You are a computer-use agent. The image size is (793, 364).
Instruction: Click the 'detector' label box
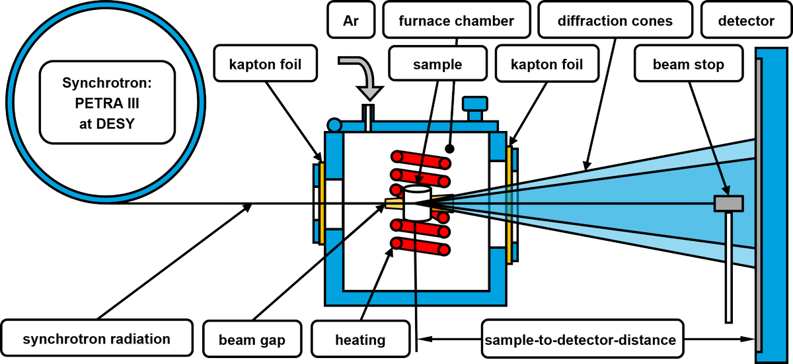(x=746, y=21)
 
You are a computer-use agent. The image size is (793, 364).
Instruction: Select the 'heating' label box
(x=359, y=340)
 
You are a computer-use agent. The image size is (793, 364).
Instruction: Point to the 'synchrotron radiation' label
(x=96, y=340)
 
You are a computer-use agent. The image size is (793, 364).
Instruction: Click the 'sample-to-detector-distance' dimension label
(x=580, y=340)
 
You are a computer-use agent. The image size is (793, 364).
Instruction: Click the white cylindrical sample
(x=416, y=203)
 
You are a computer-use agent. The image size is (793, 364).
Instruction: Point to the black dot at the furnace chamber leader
(x=449, y=149)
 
